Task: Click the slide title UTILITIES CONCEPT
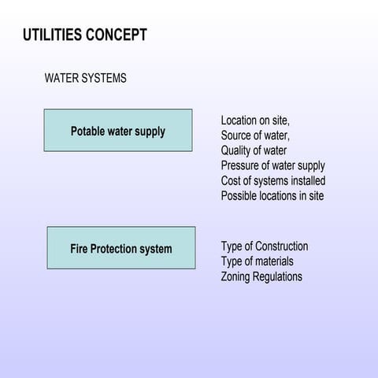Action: tap(85, 35)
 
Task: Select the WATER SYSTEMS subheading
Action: tap(86, 79)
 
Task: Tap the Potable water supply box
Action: tap(118, 131)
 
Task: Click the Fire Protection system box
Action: tap(121, 249)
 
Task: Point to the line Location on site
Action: tap(255, 120)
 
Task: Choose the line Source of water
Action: tap(255, 135)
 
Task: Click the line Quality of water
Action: tap(254, 150)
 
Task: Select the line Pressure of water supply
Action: tap(272, 165)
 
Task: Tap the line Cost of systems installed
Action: tap(272, 180)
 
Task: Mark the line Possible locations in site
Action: tap(272, 195)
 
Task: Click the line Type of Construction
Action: tap(264, 246)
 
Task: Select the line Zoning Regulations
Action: tap(261, 276)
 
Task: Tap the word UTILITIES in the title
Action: tap(50, 35)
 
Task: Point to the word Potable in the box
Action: tap(88, 131)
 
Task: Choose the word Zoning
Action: tap(238, 276)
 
